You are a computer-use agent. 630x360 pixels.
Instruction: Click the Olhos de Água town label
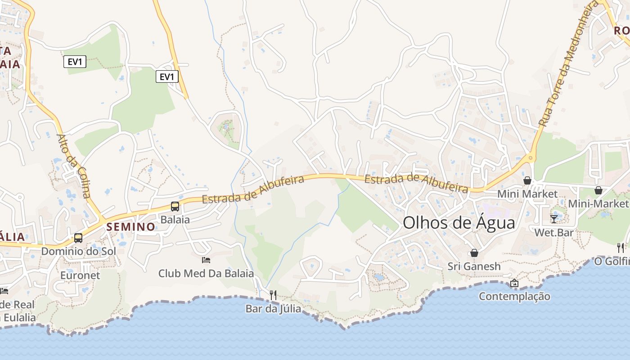(459, 223)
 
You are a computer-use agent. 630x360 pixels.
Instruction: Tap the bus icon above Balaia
(175, 207)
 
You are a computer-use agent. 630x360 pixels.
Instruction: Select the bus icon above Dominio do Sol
(78, 238)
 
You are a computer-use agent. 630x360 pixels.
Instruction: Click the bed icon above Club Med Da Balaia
(206, 260)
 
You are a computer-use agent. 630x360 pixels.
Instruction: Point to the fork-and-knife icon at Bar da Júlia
(273, 295)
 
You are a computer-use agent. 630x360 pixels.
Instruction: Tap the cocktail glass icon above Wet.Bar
(554, 219)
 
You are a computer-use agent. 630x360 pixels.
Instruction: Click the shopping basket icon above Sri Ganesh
(474, 253)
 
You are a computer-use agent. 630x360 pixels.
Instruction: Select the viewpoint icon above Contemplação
(514, 283)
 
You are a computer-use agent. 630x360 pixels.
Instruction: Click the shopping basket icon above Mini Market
(527, 180)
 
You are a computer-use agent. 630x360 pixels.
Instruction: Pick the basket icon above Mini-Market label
(598, 190)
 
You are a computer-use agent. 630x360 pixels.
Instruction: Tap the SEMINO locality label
(131, 227)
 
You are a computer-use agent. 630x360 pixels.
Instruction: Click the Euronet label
(80, 275)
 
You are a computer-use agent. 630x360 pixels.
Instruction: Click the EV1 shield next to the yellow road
(167, 77)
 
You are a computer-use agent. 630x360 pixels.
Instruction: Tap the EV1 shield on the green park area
(75, 62)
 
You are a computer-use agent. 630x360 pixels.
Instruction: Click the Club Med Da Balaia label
(206, 273)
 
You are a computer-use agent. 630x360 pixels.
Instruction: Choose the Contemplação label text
(514, 296)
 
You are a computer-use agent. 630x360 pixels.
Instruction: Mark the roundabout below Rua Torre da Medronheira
(531, 158)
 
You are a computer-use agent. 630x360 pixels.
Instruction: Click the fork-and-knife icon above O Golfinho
(621, 247)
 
